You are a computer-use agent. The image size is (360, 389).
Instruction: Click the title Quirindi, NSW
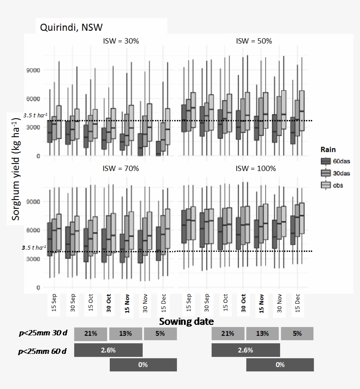(71, 27)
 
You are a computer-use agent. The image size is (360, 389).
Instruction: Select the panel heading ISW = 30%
(120, 41)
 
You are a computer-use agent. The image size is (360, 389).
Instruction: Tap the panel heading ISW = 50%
(254, 41)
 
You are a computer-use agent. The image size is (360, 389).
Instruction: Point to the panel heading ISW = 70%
(120, 168)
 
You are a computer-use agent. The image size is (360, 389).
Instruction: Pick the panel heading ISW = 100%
(256, 168)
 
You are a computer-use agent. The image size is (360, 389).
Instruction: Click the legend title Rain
(328, 150)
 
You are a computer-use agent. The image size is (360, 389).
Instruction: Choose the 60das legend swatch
(326, 161)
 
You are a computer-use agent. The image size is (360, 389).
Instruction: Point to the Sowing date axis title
(186, 321)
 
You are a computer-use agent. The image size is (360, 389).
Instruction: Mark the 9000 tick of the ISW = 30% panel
(33, 70)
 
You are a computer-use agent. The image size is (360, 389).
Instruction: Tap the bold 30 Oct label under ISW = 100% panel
(243, 303)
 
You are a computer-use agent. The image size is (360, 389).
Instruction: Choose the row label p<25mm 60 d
(43, 351)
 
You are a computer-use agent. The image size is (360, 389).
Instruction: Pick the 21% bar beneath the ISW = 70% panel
(91, 334)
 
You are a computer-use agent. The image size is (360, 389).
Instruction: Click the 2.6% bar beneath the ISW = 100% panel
(245, 350)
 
